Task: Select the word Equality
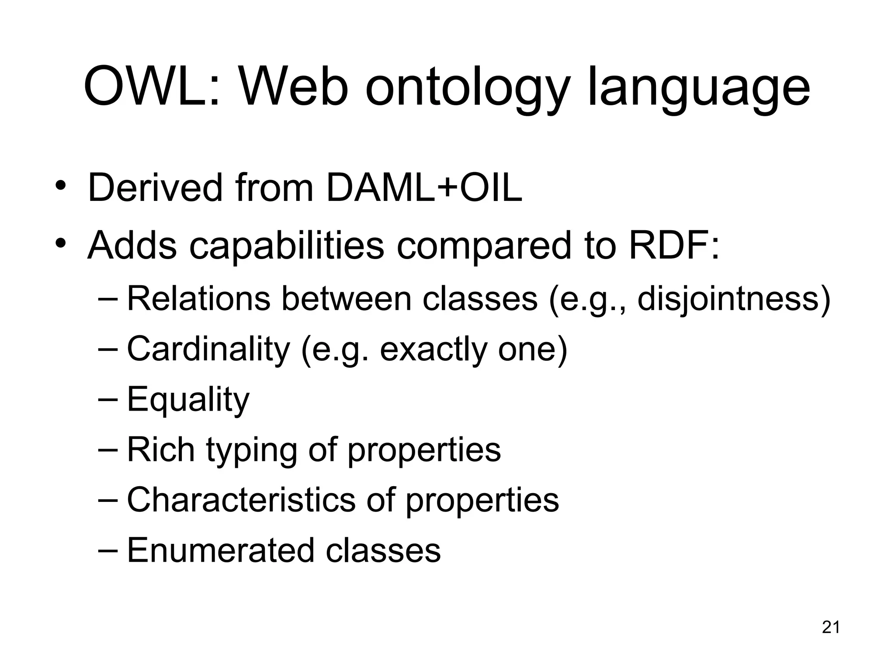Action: pos(188,400)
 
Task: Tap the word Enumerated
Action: pos(220,550)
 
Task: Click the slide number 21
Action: pos(831,627)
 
